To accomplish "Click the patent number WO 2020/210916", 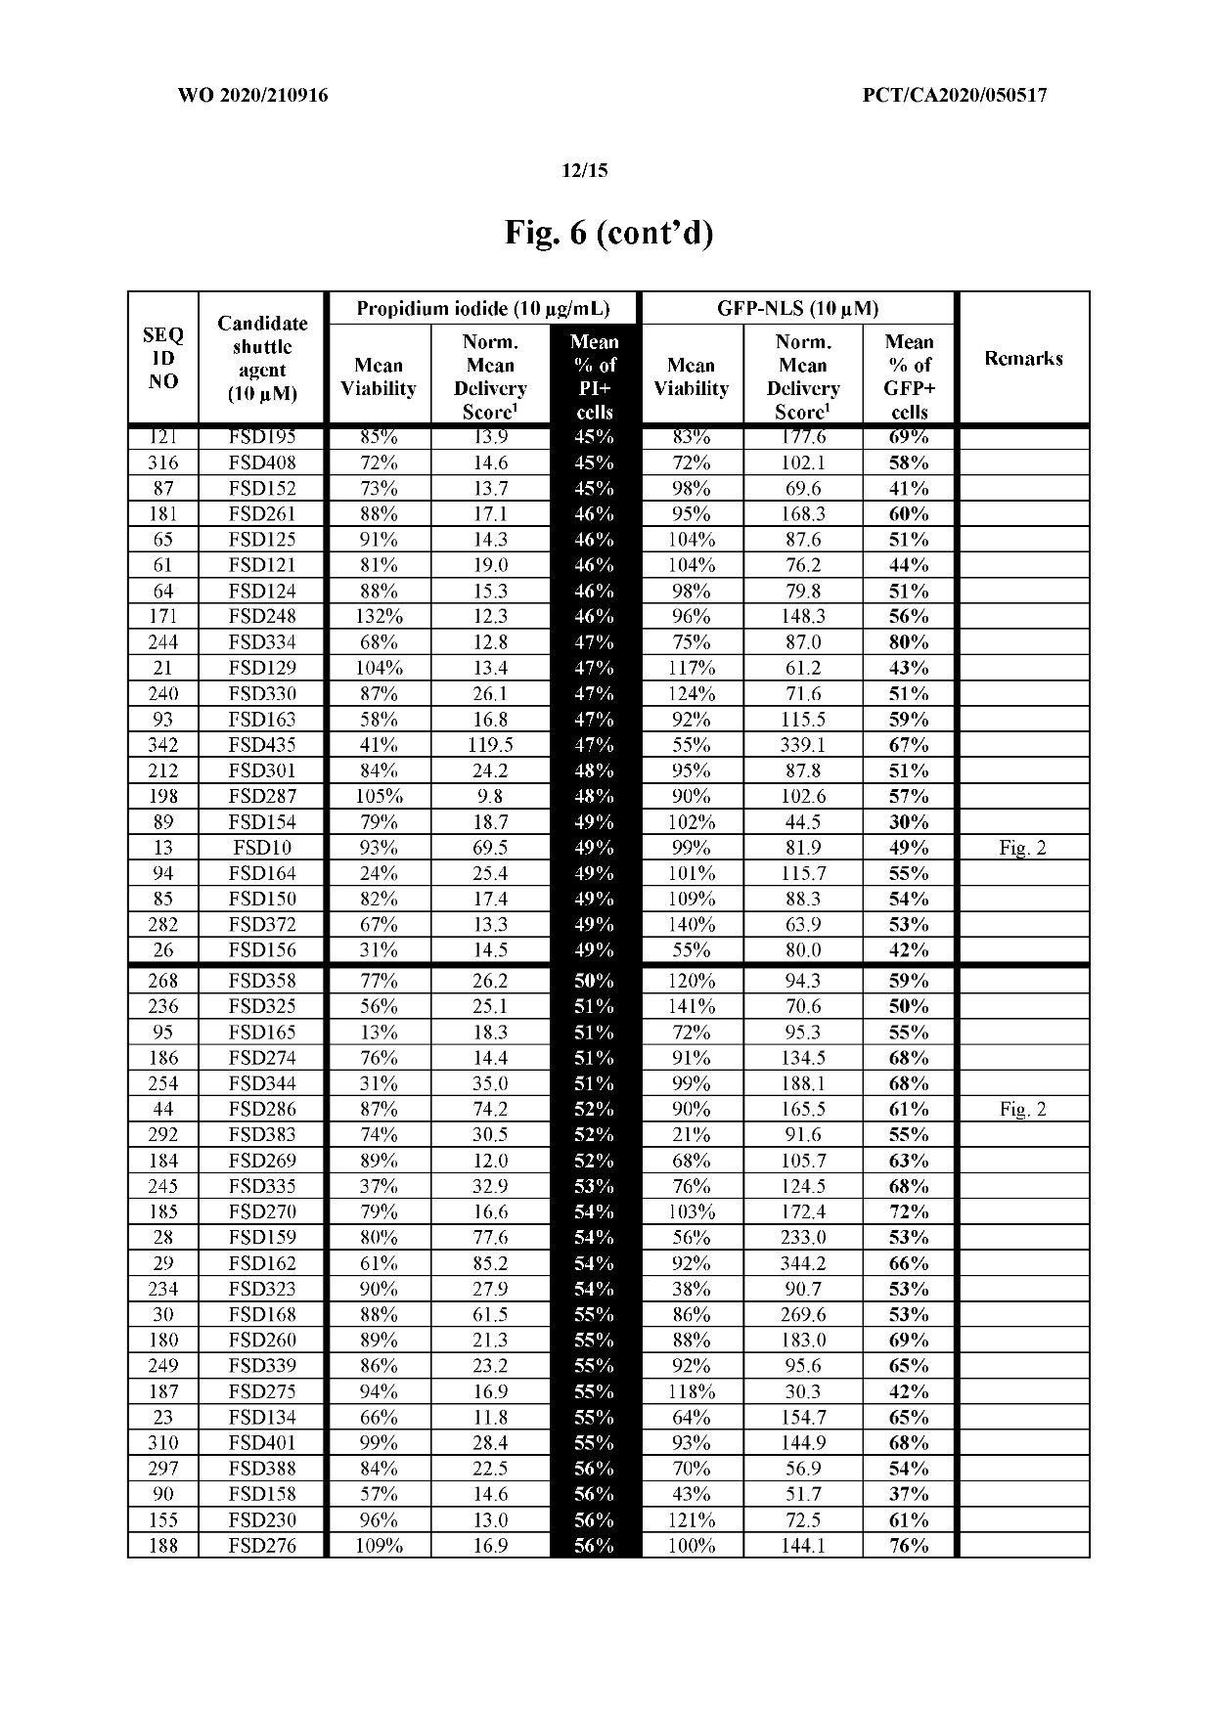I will (x=252, y=96).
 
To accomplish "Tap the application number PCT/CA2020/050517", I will (x=955, y=96).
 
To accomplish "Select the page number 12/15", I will (x=585, y=171).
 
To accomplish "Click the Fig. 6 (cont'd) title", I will (x=608, y=233).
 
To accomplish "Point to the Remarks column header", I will (x=1023, y=358).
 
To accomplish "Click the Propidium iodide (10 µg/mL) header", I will (x=482, y=309).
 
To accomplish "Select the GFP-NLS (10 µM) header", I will (x=797, y=309).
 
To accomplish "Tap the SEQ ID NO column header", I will (x=163, y=358).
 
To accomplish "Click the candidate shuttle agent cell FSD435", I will (x=262, y=745).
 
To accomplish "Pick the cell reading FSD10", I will (x=262, y=848).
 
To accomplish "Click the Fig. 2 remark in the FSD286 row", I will (x=1022, y=1109).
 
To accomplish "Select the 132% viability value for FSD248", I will (x=379, y=616).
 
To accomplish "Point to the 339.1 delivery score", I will (x=802, y=745).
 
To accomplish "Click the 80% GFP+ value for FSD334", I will (x=909, y=642).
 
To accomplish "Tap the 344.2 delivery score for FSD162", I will (x=802, y=1263).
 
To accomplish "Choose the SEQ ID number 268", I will (x=163, y=981).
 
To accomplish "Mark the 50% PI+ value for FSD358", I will (x=594, y=981).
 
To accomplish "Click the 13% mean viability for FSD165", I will (x=379, y=1033).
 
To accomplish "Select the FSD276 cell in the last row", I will (x=262, y=1546).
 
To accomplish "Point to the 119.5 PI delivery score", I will (x=490, y=745).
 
